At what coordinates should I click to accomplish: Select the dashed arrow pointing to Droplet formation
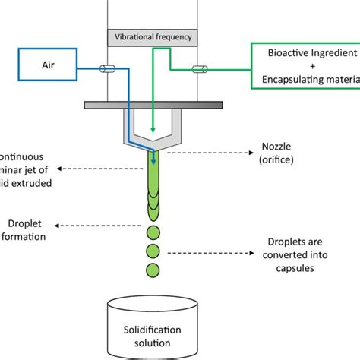[106, 225]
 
